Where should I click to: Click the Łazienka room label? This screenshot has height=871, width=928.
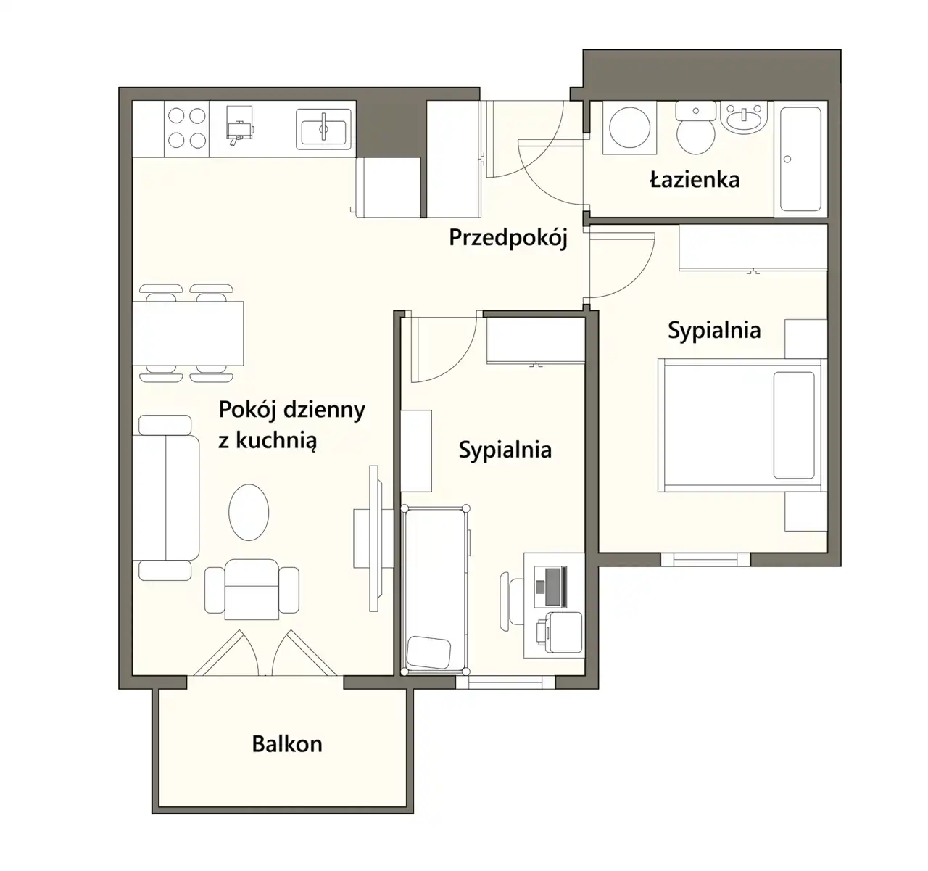tap(695, 180)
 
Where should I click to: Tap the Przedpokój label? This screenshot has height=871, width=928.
tap(508, 237)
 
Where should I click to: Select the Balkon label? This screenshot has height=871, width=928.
tap(287, 744)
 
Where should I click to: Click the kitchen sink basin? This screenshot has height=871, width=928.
tap(324, 129)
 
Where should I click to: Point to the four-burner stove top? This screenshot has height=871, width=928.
tap(187, 128)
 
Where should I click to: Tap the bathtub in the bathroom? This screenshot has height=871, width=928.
tap(801, 159)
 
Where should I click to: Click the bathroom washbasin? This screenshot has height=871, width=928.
tap(744, 117)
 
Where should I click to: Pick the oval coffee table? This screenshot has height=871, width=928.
tap(249, 513)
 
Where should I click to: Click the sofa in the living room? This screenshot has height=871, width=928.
tap(165, 498)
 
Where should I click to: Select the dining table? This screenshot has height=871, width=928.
tap(188, 334)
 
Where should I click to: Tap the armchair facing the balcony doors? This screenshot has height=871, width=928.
tap(252, 590)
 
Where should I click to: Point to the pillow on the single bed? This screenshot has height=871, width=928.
tap(428, 652)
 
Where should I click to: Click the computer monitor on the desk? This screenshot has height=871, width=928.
tap(556, 587)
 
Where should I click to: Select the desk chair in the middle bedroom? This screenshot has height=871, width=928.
tap(512, 601)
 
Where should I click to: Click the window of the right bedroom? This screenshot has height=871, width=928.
tap(705, 560)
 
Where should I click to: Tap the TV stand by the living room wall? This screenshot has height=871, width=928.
tap(373, 539)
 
